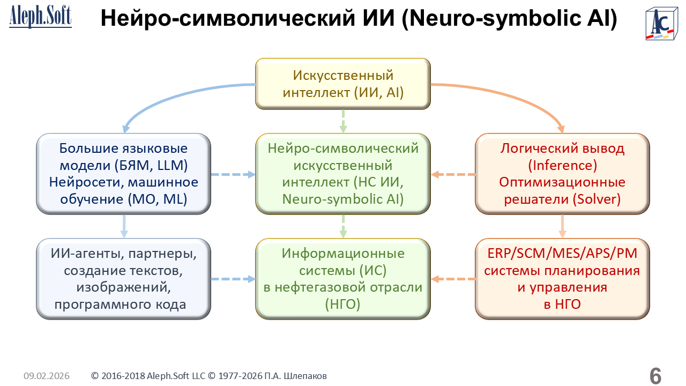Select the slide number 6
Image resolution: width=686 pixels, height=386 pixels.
[655, 376]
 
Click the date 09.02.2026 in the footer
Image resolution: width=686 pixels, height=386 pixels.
[47, 376]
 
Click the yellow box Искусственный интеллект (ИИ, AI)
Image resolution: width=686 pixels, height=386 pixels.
[343, 84]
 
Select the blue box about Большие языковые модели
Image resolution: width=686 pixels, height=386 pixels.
[124, 174]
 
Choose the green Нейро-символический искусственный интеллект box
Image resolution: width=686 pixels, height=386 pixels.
[343, 174]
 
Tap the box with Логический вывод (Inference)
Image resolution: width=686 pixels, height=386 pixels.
[562, 174]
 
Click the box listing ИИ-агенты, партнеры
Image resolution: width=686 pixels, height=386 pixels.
[124, 279]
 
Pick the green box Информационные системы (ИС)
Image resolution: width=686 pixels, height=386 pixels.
[343, 279]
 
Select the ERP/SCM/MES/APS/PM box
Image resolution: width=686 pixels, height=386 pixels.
[562, 279]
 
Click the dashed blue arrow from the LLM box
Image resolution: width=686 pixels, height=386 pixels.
[233, 174]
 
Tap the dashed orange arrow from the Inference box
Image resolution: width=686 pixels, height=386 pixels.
[453, 174]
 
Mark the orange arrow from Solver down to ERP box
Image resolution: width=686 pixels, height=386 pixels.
[562, 226]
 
